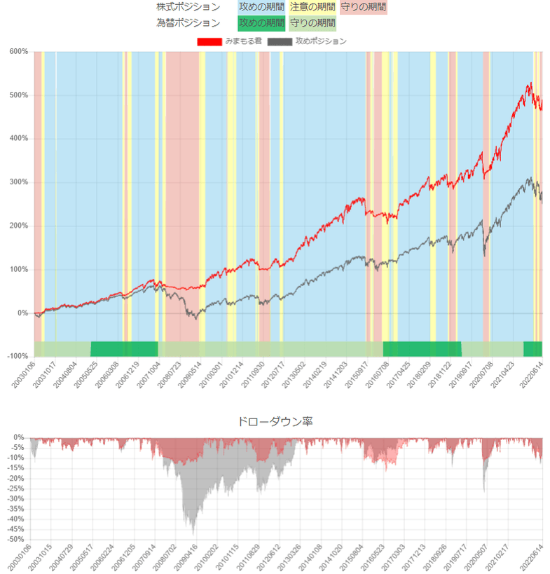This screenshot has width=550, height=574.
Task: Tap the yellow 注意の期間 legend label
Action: point(312,7)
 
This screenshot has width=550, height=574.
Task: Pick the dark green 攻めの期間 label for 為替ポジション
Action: point(261,22)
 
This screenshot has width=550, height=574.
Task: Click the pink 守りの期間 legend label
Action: point(363,7)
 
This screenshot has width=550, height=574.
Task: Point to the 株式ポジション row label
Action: point(188,7)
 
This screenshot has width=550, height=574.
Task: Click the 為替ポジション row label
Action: point(188,22)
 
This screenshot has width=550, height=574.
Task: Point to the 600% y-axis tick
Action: point(18,51)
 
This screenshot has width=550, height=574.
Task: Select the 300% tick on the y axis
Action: point(18,182)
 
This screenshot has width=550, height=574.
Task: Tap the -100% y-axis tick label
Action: point(17,357)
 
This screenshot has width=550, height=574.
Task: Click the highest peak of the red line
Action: point(530,83)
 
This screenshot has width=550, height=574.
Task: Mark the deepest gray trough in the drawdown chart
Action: point(193,535)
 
